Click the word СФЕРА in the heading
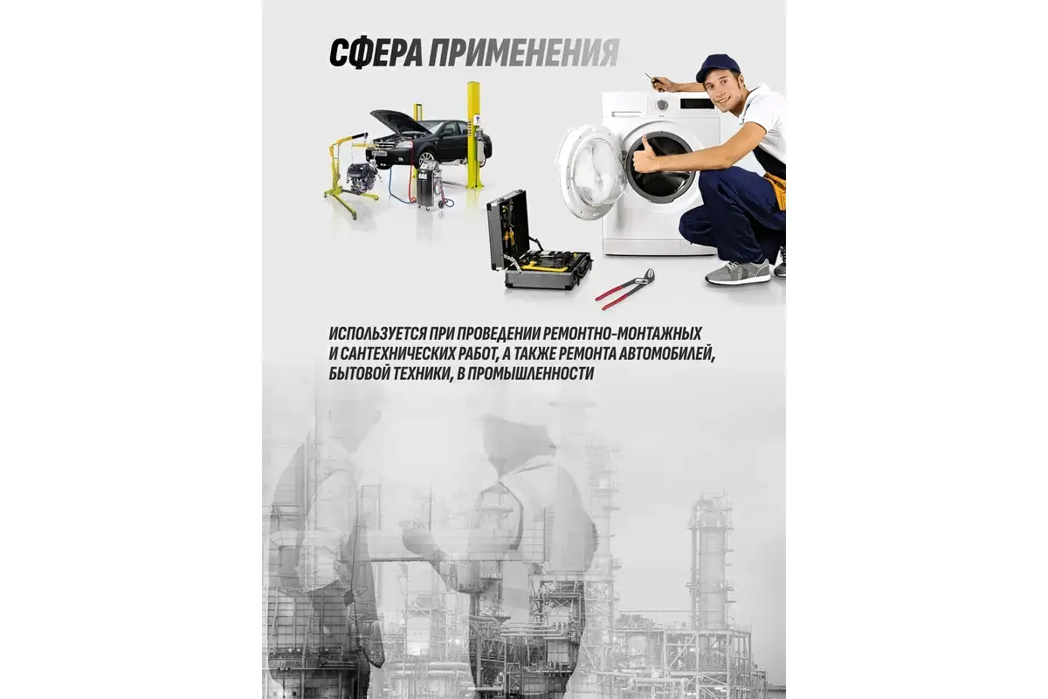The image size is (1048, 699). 376,54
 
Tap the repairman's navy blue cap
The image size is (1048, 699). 717,66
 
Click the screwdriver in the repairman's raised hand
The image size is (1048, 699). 652,80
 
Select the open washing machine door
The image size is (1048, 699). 590,172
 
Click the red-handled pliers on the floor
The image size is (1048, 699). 625,289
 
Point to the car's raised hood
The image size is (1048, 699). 396,120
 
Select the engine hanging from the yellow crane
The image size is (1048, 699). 362,177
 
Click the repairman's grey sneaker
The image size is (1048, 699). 737,273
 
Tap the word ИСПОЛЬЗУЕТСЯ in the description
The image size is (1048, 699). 377,334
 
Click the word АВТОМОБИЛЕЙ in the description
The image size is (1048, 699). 666,355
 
